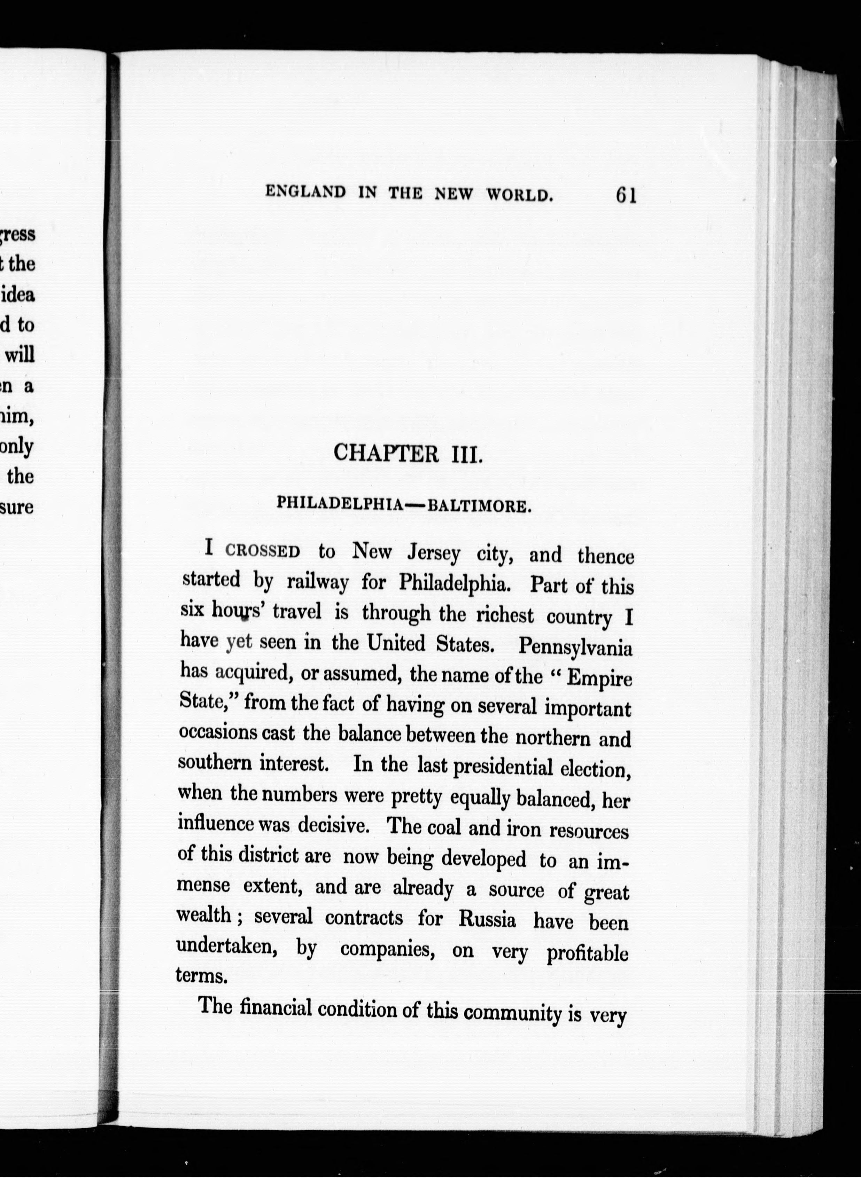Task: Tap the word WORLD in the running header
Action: coord(519,195)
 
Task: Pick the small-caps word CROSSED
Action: coord(263,550)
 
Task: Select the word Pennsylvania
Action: coord(575,647)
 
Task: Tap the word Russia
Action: coord(487,919)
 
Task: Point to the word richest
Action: coord(504,615)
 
